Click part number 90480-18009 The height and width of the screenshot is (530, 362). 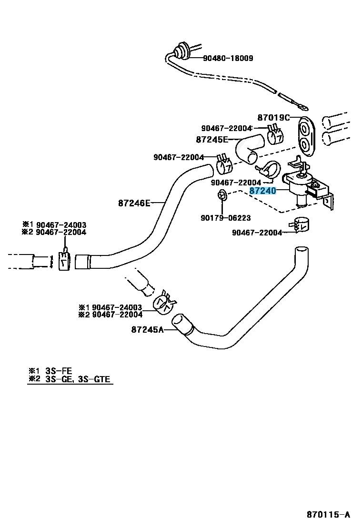point(228,59)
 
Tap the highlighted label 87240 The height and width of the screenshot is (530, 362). point(262,191)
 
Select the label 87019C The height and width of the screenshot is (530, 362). point(273,117)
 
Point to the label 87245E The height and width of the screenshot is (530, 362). point(212,140)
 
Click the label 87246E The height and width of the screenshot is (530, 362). point(134,203)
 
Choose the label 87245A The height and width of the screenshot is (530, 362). point(147,329)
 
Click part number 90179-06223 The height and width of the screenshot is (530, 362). point(225,218)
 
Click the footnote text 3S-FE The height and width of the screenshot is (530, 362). point(58,370)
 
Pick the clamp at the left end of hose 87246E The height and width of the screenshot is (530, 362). point(64,261)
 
